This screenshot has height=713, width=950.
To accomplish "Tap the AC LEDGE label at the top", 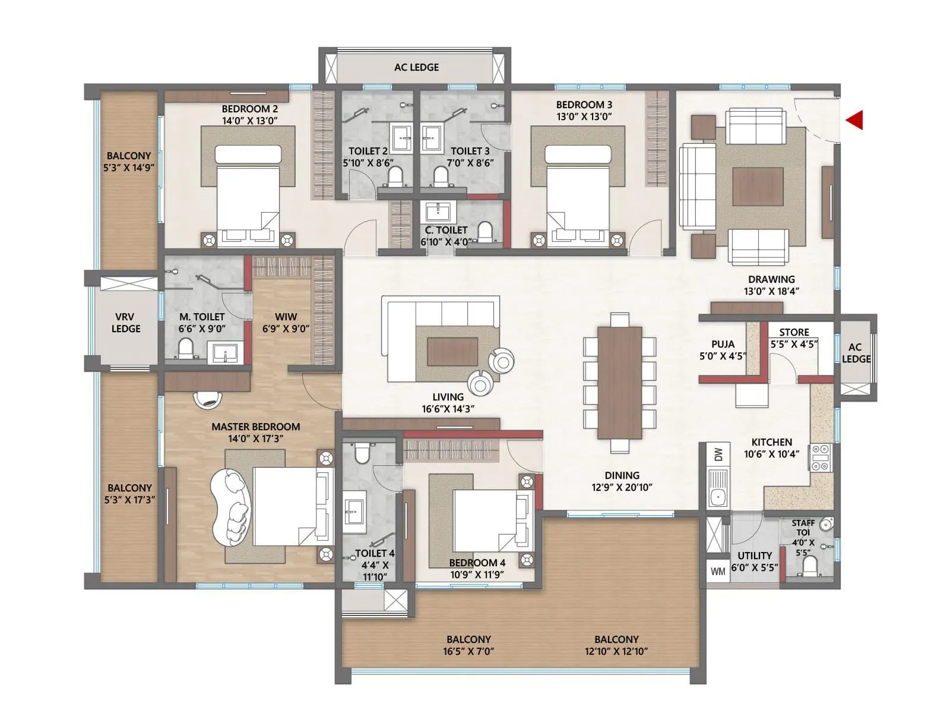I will tap(416, 67).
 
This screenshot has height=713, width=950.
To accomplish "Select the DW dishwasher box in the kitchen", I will tap(718, 455).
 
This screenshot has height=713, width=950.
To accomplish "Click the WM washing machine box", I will tap(718, 572).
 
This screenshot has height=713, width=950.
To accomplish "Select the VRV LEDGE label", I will tap(126, 323).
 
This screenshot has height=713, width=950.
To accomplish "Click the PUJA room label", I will tap(723, 344).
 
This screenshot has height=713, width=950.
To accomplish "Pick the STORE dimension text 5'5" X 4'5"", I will tap(794, 344).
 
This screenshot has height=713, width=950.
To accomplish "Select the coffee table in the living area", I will tap(452, 351).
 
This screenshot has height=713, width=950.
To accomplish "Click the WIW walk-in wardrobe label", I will tap(286, 317).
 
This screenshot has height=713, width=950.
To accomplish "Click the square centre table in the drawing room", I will tap(757, 187).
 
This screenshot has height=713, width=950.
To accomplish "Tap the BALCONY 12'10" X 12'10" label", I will tap(616, 645).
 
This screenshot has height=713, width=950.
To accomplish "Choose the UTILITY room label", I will tap(754, 556).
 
